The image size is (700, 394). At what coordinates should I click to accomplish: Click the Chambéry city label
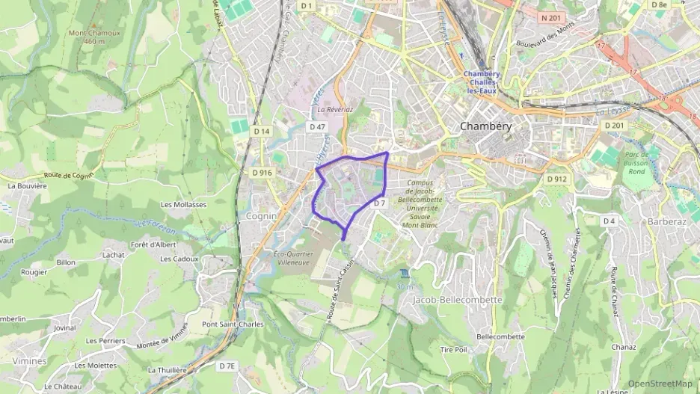[x=486, y=126]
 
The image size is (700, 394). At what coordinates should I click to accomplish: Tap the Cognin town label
[x=262, y=216]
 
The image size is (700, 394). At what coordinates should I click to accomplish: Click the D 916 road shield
[x=262, y=173]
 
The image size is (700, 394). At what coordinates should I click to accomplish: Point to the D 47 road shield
[x=318, y=127]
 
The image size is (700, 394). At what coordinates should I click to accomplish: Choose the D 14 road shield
[x=261, y=131]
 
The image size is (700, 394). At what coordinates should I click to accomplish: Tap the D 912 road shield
[x=556, y=179]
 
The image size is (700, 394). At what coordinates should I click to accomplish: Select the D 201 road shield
[x=614, y=125]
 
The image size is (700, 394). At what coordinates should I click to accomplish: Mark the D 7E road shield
[x=227, y=366]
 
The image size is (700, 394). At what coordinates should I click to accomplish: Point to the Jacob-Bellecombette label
[x=457, y=299]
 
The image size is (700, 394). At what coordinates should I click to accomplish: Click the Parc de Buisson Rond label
[x=636, y=163]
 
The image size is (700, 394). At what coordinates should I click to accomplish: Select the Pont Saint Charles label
[x=233, y=324]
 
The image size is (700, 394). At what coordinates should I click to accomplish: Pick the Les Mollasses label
[x=183, y=204]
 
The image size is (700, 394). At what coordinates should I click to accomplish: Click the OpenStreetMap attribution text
[x=660, y=384]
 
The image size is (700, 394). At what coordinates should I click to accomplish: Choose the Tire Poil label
[x=453, y=349]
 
